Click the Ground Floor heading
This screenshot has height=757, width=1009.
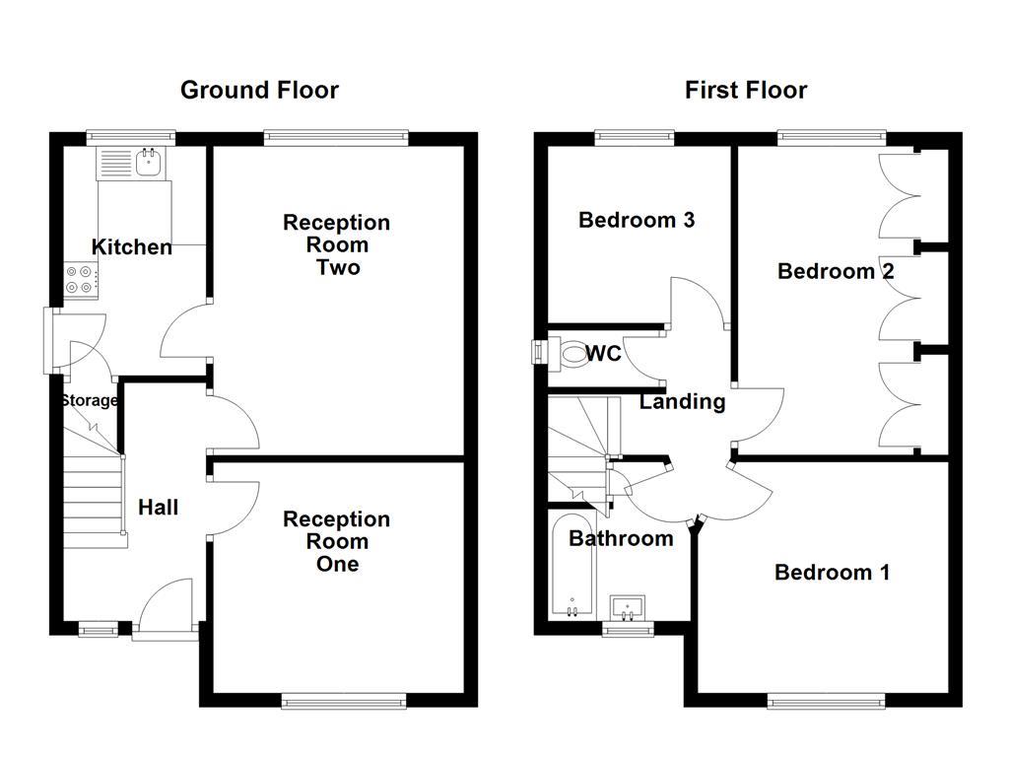(259, 91)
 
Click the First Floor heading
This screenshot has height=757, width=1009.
(746, 91)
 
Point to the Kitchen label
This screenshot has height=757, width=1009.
(132, 246)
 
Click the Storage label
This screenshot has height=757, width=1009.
(89, 400)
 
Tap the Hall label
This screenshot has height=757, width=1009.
(158, 508)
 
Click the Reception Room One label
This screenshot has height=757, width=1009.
(336, 541)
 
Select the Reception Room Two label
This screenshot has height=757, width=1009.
(336, 244)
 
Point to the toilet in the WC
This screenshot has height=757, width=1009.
(571, 352)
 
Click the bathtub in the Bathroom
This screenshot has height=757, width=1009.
(572, 566)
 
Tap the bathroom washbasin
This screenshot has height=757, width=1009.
(627, 603)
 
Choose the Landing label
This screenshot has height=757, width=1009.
(682, 401)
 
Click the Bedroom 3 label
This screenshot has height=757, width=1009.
(637, 220)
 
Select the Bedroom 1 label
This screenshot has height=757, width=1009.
(832, 572)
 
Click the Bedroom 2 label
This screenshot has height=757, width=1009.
(836, 271)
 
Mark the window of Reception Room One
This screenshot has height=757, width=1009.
(343, 701)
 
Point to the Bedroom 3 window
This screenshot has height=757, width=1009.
(634, 137)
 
